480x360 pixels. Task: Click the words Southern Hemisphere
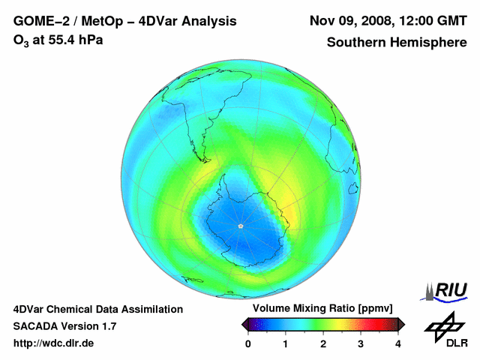point(396,43)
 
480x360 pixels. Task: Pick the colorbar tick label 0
point(248,343)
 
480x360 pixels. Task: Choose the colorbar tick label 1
point(286,343)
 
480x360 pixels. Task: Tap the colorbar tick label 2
point(323,343)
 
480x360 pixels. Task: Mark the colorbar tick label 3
point(361,343)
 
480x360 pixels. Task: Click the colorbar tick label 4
point(398,343)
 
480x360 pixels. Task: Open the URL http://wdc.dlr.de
point(54,343)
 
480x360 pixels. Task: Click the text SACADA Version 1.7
point(64,326)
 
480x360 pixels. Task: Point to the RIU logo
point(447,290)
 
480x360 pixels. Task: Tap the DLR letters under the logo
point(457,343)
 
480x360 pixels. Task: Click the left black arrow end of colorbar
point(245,324)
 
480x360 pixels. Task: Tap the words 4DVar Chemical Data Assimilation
point(98,309)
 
